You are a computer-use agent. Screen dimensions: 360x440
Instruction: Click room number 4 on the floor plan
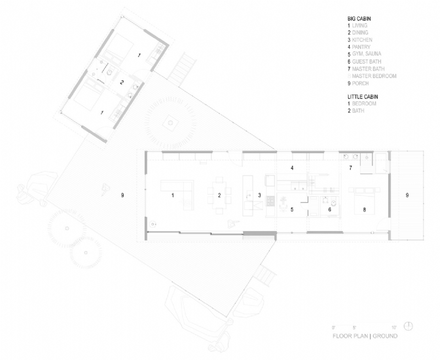(x=292, y=167)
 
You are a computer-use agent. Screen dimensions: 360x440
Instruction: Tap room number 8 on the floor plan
(x=364, y=209)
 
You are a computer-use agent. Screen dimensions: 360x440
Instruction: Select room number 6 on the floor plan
(x=329, y=209)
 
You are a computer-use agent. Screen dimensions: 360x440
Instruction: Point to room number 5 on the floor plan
(x=292, y=209)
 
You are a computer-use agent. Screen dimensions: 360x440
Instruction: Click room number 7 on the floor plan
(x=350, y=167)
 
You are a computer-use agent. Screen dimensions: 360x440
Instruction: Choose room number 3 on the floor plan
(x=259, y=195)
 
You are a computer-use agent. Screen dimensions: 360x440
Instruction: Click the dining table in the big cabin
(x=218, y=195)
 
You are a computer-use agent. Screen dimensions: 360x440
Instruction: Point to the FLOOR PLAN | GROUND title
(x=365, y=335)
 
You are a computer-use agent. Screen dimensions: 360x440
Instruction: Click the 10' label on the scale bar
(x=394, y=327)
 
